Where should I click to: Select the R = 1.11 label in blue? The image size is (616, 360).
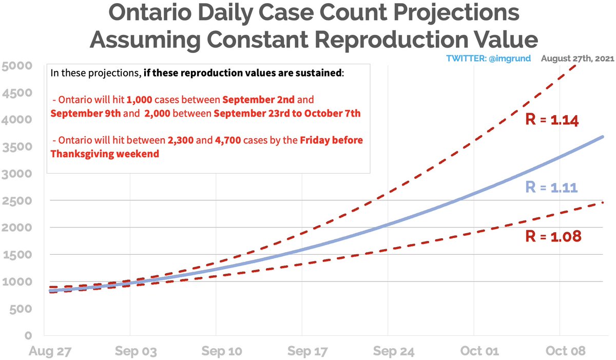pos(552,187)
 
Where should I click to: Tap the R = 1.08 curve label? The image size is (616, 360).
pos(552,237)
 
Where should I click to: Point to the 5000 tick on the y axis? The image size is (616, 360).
pos(16,66)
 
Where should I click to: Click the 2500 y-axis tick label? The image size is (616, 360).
pos(16,201)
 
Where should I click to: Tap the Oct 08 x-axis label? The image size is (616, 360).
pos(564,351)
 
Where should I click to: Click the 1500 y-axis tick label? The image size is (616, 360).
pos(16,255)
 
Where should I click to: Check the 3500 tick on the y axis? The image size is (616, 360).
pos(16,147)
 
